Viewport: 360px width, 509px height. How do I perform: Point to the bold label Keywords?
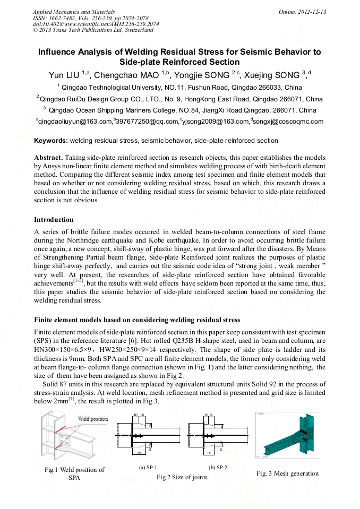(x=51, y=141)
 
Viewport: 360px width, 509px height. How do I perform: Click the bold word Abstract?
(x=48, y=158)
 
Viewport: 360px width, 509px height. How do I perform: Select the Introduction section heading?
(x=54, y=220)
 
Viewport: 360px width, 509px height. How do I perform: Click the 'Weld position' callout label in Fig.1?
(x=93, y=419)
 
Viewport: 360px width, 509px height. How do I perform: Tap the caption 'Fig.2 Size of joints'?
(x=182, y=477)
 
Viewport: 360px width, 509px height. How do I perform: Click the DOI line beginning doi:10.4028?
(x=96, y=24)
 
